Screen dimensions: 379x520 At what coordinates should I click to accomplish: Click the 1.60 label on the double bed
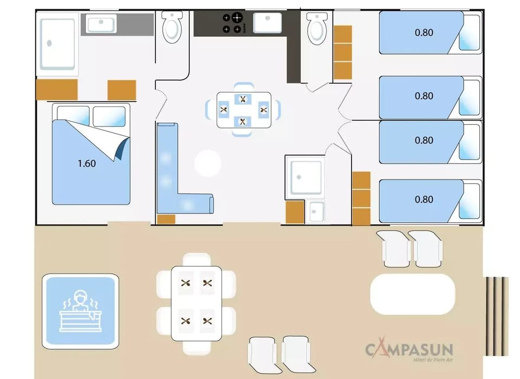(87, 163)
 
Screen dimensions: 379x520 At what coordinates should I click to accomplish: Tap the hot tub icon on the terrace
(80, 310)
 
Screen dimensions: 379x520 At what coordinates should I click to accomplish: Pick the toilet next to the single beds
(316, 29)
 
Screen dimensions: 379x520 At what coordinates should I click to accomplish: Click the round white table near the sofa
(208, 163)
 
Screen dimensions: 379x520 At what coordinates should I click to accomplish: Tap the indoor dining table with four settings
(244, 110)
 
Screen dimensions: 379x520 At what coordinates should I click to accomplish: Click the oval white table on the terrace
(412, 294)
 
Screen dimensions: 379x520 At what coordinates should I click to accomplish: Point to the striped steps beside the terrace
(497, 316)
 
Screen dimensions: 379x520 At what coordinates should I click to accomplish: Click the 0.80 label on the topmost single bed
(424, 32)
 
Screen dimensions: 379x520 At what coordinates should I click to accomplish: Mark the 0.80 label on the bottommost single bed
(424, 200)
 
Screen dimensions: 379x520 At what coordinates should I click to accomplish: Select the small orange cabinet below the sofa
(166, 219)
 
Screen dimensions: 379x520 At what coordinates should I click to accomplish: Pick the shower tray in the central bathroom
(305, 176)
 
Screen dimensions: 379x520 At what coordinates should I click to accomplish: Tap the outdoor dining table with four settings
(196, 303)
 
